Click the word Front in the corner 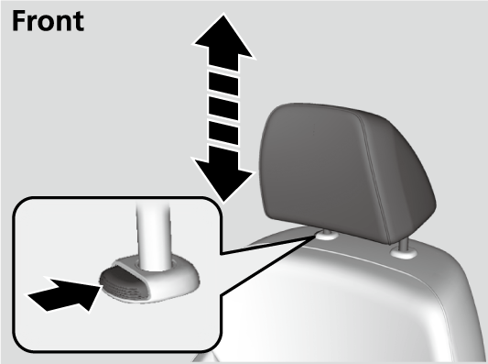pos(48,21)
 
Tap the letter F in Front pos(18,21)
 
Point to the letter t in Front pos(80,22)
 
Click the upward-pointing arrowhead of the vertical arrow pos(224,41)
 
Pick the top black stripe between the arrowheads pos(223,83)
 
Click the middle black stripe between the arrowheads pos(223,108)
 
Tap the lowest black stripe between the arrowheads pos(223,133)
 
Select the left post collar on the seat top pos(325,236)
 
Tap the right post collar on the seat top pos(404,253)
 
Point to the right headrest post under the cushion pos(404,244)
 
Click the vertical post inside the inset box pos(154,236)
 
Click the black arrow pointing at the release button pos(65,294)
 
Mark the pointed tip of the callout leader pos(315,237)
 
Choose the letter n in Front pos(65,24)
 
